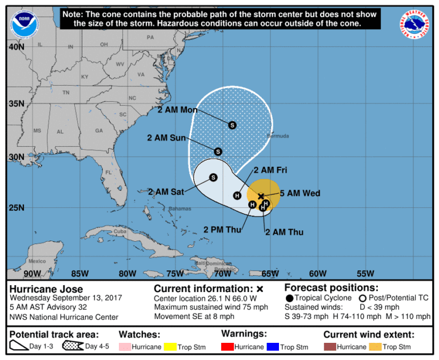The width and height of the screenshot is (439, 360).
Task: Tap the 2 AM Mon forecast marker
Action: click(232, 125)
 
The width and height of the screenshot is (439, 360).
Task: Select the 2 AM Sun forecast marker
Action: click(218, 151)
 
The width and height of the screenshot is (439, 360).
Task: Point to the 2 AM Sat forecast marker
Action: click(213, 178)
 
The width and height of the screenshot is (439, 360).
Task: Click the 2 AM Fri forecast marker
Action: click(237, 196)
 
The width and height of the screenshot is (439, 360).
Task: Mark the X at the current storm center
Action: click(261, 196)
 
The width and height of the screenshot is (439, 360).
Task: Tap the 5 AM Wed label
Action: click(300, 193)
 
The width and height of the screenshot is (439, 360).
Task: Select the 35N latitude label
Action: click(16, 103)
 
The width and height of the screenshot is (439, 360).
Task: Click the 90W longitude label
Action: click(33, 273)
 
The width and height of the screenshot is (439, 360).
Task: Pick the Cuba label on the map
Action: click(119, 232)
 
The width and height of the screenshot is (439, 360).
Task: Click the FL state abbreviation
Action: click(109, 172)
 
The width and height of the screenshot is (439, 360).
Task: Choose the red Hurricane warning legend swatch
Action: click(228, 346)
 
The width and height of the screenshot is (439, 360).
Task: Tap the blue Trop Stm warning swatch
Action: click(272, 346)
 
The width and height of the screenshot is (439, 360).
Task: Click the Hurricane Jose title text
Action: click(46, 289)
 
